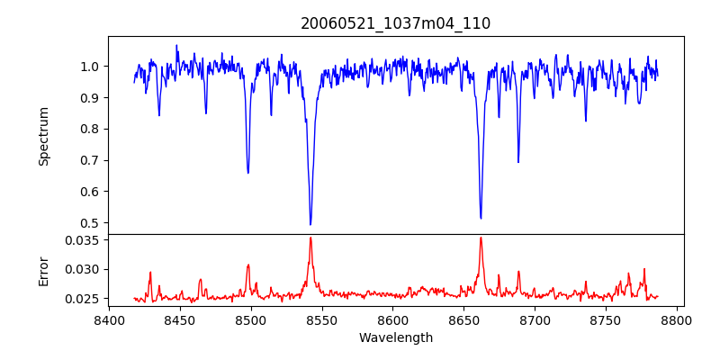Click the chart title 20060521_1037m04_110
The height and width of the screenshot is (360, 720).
[x=396, y=24]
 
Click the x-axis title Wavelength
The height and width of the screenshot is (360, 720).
[x=396, y=338]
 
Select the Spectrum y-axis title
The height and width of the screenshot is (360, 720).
[x=44, y=136]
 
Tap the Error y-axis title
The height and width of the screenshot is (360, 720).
[x=44, y=269]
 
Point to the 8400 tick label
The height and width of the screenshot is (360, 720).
[x=109, y=319]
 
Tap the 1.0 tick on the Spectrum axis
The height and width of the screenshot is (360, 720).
[x=90, y=67]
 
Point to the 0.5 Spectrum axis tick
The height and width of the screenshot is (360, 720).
[x=90, y=223]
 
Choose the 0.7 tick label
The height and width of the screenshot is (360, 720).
[x=90, y=160]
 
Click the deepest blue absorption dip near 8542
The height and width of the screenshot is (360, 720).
[x=310, y=224]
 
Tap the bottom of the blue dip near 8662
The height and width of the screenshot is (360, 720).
[x=481, y=218]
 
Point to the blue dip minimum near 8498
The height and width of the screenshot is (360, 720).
[x=248, y=172]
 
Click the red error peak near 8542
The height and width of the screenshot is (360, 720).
[x=310, y=238]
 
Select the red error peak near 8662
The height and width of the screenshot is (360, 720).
[x=481, y=238]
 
